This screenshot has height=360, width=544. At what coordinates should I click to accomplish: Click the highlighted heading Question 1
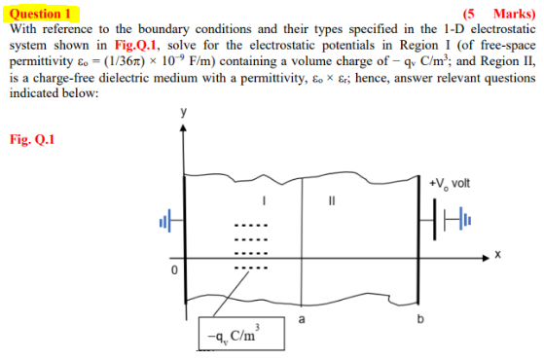click(x=41, y=14)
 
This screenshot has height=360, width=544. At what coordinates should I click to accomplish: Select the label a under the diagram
click(x=302, y=317)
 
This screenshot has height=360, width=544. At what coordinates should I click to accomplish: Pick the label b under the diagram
click(x=421, y=317)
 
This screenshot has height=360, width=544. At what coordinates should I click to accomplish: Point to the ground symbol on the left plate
click(x=164, y=225)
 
